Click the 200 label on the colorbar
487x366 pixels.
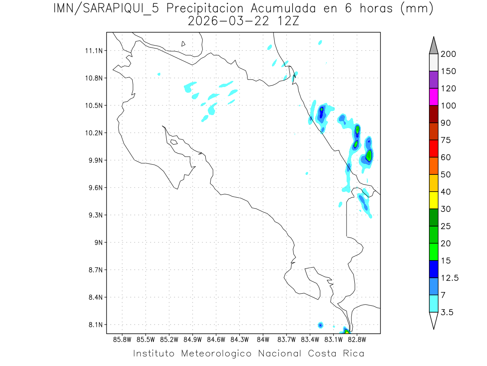(449, 54)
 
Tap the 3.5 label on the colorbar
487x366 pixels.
(447, 312)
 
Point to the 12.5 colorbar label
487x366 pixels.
(449, 278)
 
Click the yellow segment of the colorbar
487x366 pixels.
(433, 200)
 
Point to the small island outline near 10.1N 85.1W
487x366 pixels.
(173, 142)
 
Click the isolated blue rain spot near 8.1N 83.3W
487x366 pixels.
(321, 325)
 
